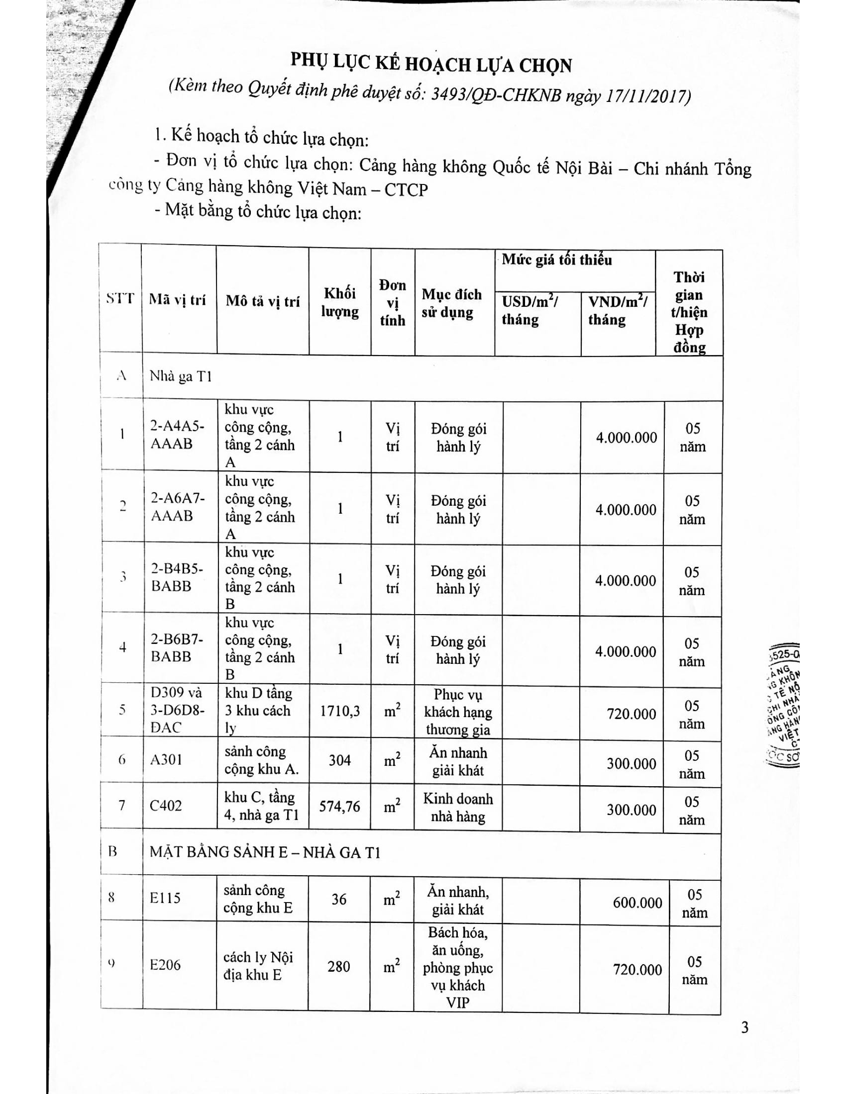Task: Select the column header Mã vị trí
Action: point(178,299)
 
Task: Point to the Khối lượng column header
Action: point(340,302)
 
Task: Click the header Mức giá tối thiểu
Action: point(557,260)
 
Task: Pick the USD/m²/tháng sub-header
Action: point(530,310)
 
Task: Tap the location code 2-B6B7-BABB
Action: point(178,647)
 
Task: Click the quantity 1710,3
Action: point(340,711)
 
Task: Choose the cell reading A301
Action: point(166,760)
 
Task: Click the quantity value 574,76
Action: point(340,806)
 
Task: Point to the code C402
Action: point(166,806)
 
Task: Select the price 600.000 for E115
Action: point(637,902)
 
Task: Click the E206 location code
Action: point(165,964)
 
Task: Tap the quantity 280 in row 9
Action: point(339,966)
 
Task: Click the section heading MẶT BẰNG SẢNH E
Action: point(265,852)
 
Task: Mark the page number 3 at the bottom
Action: point(745,1027)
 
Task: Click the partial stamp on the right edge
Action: point(783,706)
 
